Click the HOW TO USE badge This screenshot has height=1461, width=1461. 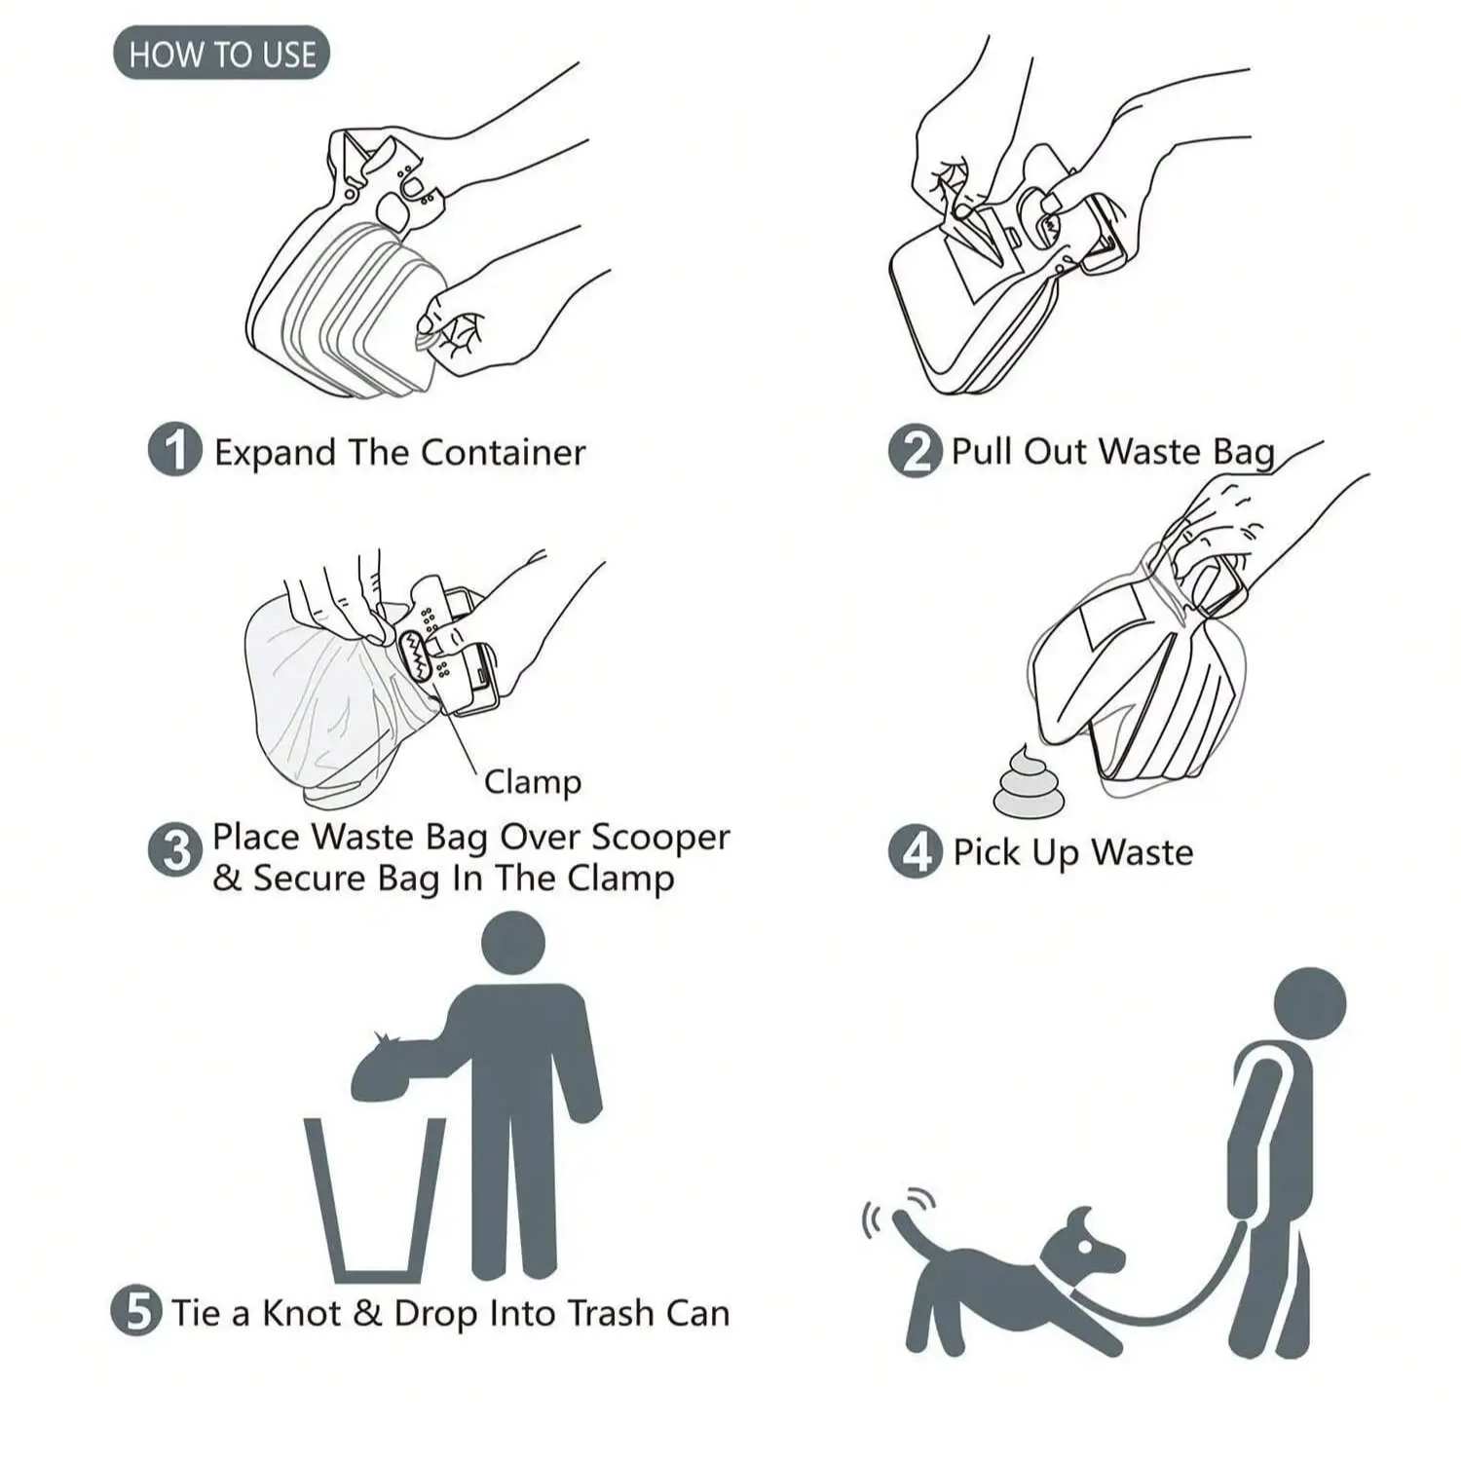[x=221, y=53]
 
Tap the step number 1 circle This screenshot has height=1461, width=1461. [x=175, y=450]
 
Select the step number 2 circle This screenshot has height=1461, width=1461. [x=916, y=451]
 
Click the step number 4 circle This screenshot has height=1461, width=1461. [x=916, y=851]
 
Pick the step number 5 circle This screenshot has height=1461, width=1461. [x=136, y=1311]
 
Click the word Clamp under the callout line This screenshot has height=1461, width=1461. [x=533, y=782]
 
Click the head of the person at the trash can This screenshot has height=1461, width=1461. [x=513, y=943]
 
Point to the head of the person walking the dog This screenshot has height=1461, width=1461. [x=1310, y=1004]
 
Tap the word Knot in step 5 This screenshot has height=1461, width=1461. [x=302, y=1313]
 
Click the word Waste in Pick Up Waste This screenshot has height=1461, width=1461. [x=1142, y=852]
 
